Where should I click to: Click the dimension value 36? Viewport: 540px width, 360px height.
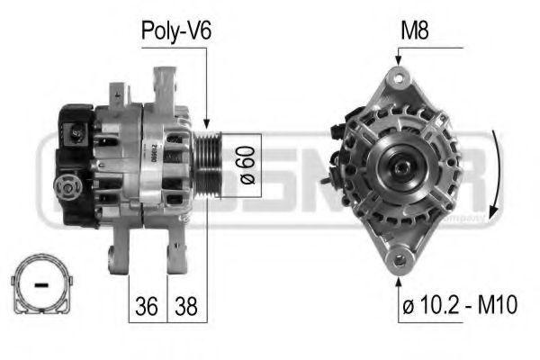tap(149, 306)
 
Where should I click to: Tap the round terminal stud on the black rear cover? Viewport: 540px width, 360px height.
tap(65, 187)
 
